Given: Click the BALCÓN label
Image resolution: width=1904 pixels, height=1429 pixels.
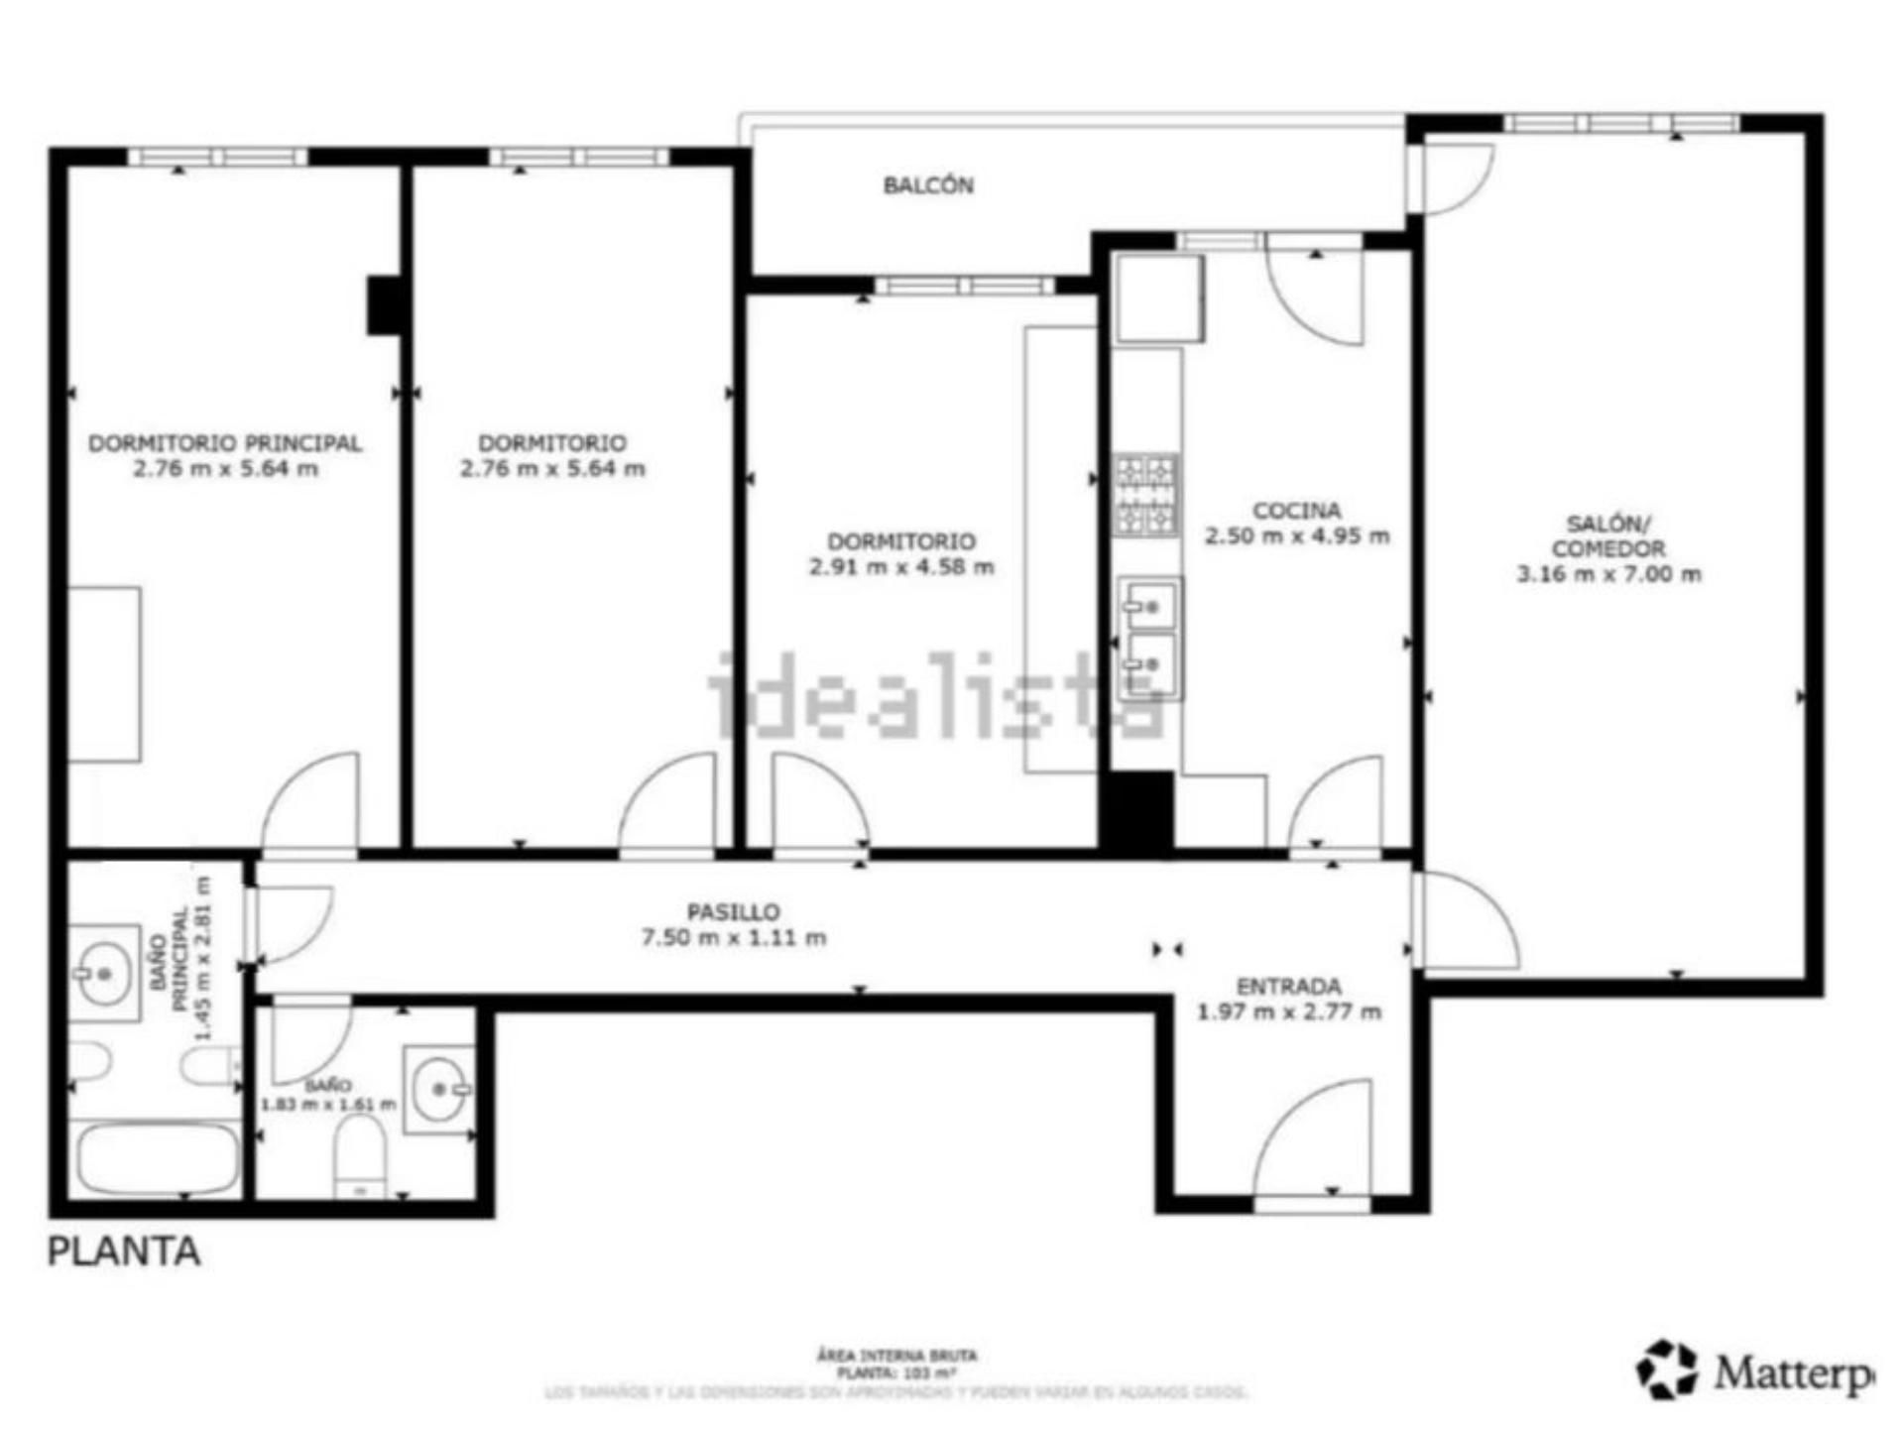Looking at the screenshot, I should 928,185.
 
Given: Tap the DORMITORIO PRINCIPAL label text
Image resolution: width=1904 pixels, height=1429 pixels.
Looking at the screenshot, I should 225,443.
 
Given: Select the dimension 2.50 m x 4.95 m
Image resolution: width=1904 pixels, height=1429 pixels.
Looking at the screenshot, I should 1297,536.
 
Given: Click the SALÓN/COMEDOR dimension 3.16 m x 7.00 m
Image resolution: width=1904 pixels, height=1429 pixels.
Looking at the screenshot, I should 1608,574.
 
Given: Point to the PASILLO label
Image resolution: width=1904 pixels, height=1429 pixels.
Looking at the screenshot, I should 734,911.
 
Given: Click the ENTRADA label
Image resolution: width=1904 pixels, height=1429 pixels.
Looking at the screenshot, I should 1289,987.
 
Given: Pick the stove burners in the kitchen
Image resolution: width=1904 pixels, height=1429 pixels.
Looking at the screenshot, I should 1146,494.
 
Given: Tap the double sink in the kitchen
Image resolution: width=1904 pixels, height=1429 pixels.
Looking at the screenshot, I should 1149,638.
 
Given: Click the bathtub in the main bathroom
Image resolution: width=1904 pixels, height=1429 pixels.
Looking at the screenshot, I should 159,1159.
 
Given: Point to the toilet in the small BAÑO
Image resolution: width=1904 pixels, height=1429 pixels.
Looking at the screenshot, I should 360,1155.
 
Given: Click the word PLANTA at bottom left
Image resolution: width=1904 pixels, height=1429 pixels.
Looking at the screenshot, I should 124,1251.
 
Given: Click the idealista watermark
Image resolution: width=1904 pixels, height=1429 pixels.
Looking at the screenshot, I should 932,694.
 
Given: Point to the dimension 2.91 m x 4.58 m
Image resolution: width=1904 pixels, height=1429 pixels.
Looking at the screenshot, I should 901,567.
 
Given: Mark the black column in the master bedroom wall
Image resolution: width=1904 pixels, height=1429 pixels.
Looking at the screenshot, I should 384,304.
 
